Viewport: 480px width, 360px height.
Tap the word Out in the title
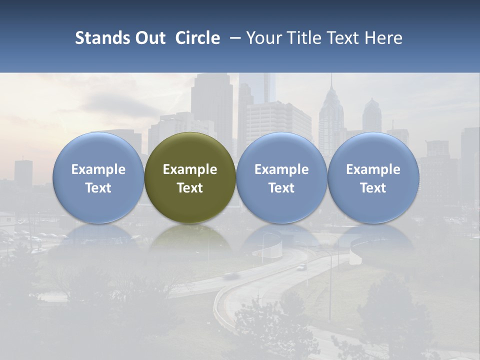(149, 38)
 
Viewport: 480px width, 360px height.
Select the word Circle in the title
(197, 38)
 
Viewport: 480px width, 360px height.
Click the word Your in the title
(261, 38)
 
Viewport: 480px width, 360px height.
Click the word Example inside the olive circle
(190, 169)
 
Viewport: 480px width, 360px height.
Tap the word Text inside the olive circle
(190, 188)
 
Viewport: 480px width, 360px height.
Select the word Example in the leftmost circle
(98, 169)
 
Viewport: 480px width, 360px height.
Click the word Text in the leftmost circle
(98, 188)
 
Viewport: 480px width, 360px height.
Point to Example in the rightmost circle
(373, 169)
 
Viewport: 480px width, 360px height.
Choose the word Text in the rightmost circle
(373, 188)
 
